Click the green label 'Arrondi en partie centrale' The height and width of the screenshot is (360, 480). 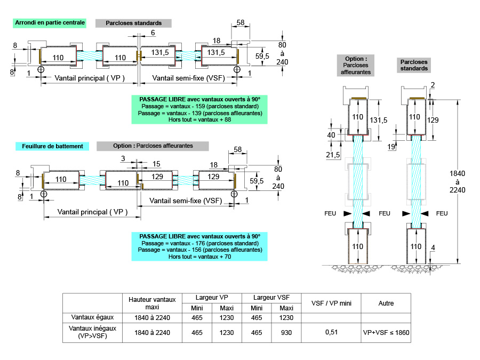tap(50, 23)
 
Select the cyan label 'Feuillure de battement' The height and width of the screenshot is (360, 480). tap(53, 146)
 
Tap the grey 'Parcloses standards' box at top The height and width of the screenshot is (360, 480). tap(133, 23)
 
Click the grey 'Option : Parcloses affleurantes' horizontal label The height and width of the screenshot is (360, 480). tap(153, 146)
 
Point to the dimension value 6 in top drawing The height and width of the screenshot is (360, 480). tap(153, 33)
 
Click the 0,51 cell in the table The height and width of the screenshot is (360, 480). tap(331, 332)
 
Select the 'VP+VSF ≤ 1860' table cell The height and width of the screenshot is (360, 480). tap(386, 332)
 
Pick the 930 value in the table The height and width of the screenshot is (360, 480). tap(286, 332)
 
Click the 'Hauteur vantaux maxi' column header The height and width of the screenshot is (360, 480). tap(152, 303)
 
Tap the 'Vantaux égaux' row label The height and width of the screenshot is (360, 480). tap(93, 317)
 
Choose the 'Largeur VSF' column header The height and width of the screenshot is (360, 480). tap(271, 298)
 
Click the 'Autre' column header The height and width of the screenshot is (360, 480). tap(386, 303)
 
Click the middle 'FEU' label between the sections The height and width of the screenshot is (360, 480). tap(384, 213)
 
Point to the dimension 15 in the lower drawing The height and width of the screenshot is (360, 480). tap(156, 163)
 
